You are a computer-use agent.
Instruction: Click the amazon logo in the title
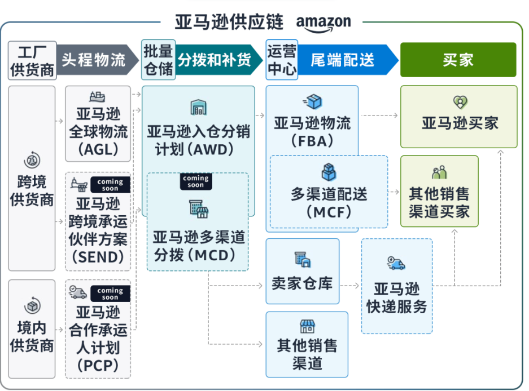(x=323, y=22)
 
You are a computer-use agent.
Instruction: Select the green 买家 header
(x=458, y=60)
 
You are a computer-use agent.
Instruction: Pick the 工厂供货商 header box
(x=32, y=60)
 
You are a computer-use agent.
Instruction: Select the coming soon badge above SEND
(x=110, y=184)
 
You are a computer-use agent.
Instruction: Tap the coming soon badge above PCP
(x=110, y=294)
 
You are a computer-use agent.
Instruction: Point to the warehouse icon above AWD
(x=198, y=107)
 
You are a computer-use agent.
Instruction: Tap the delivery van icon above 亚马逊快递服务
(x=396, y=263)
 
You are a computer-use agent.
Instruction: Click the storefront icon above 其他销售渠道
(x=307, y=326)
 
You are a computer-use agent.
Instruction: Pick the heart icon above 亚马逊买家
(x=460, y=102)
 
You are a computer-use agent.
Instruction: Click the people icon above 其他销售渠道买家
(x=439, y=172)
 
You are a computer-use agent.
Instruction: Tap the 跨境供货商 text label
(x=32, y=191)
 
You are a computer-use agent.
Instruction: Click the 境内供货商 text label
(x=32, y=336)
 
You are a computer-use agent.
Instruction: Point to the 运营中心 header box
(x=281, y=60)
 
